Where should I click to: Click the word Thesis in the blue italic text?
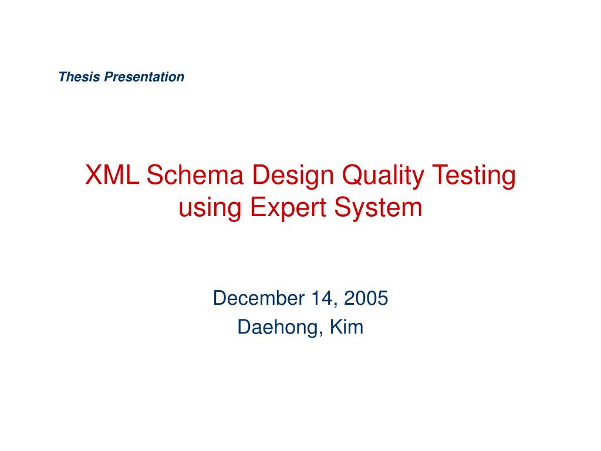pyautogui.click(x=80, y=77)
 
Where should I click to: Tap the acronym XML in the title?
pyautogui.click(x=112, y=176)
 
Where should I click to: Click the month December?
pyautogui.click(x=256, y=298)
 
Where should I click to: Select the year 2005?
pyautogui.click(x=366, y=298)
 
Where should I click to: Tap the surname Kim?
pyautogui.click(x=346, y=327)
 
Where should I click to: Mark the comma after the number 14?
pyautogui.click(x=335, y=304)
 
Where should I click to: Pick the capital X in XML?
pyautogui.click(x=94, y=176)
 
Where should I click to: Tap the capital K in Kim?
pyautogui.click(x=334, y=327)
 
